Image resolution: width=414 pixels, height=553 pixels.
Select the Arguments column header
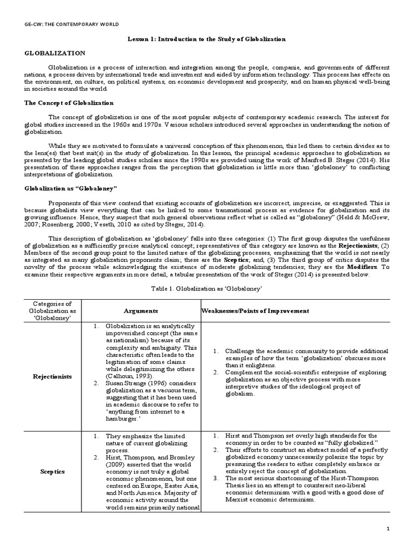point(141,311)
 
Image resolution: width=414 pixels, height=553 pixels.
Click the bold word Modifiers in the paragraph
point(362,267)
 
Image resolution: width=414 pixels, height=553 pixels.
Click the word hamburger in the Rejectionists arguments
point(121,419)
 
